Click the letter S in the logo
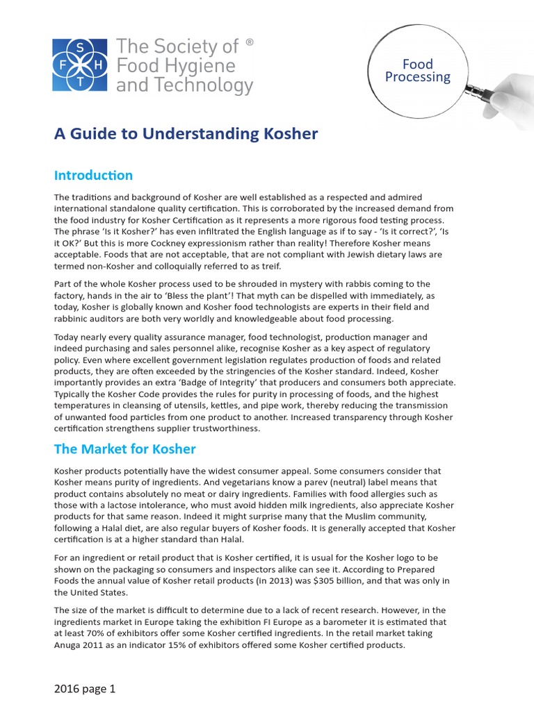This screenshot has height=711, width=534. pyautogui.click(x=80, y=47)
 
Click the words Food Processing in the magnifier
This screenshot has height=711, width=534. pyautogui.click(x=418, y=71)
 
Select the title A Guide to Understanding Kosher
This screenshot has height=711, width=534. pyautogui.click(x=186, y=134)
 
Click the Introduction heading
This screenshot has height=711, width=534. pyautogui.click(x=93, y=174)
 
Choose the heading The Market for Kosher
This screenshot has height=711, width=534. pyautogui.click(x=125, y=449)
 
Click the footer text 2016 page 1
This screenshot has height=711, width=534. pyautogui.click(x=85, y=689)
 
